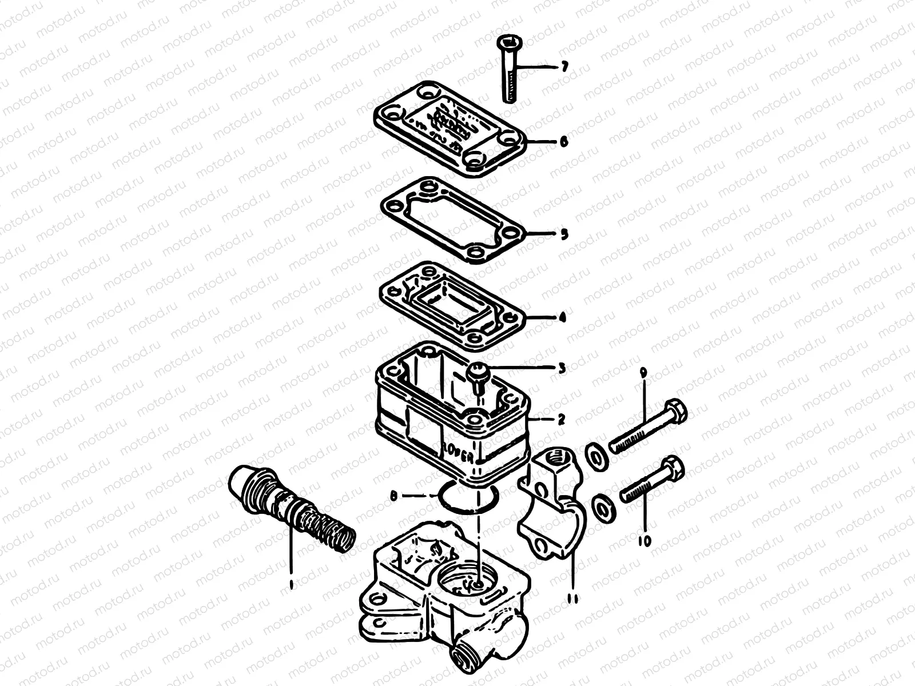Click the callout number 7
click(x=564, y=67)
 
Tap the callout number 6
click(x=564, y=142)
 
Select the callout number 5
click(x=564, y=234)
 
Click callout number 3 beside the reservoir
click(x=562, y=368)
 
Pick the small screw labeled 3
click(x=476, y=376)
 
